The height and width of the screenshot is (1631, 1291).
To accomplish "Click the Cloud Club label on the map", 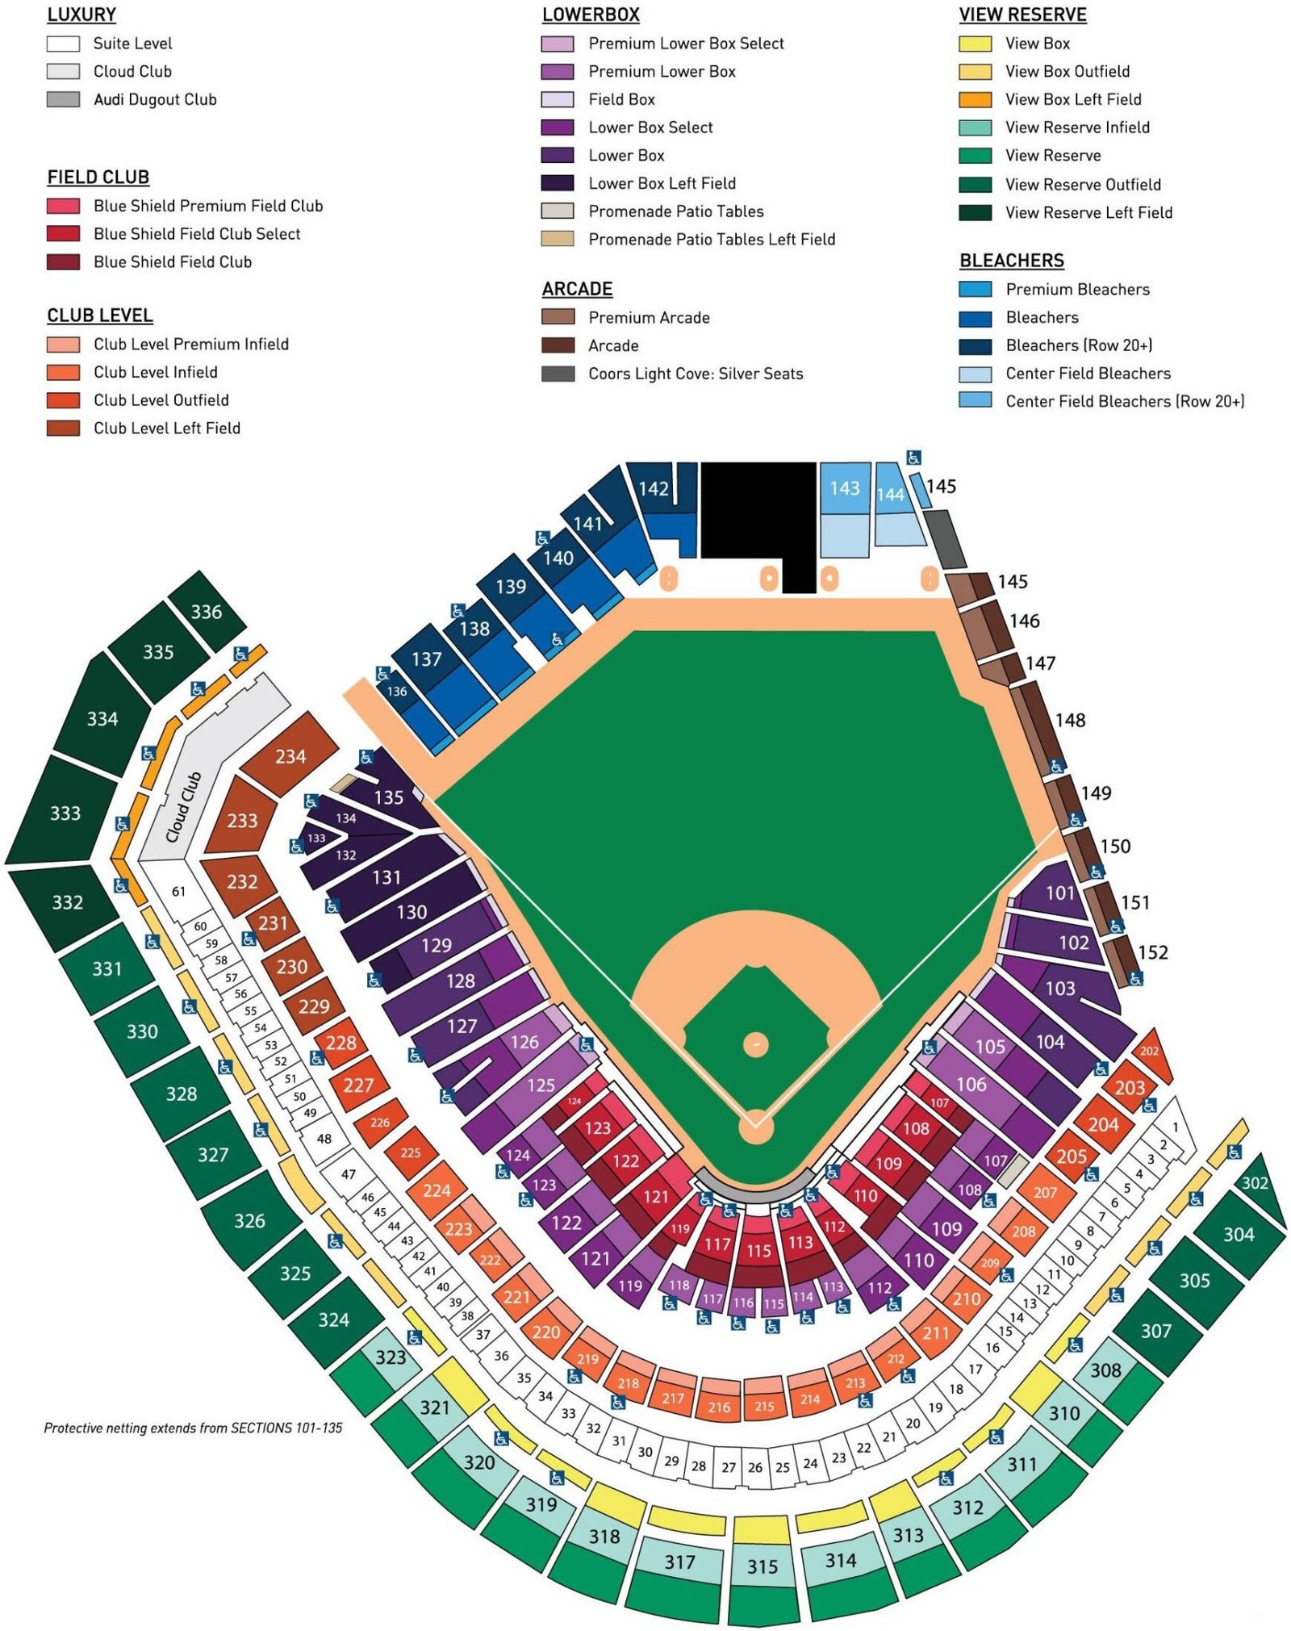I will coord(183,807).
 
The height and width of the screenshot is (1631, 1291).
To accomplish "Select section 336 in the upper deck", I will coord(207,612).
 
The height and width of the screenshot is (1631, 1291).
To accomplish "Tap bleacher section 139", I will coord(511,587).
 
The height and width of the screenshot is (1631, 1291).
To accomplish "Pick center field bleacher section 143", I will coord(845,488).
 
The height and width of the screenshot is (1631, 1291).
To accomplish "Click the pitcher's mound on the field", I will coord(755,1044).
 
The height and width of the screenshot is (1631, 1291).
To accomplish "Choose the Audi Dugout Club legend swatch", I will coord(63,99).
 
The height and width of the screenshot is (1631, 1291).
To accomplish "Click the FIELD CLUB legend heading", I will coord(98,177).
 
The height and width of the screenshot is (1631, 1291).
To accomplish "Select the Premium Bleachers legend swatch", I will coord(975,289).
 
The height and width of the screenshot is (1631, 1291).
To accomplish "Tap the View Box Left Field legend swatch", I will coord(975,99).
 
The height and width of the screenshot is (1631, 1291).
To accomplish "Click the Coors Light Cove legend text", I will coord(696,374).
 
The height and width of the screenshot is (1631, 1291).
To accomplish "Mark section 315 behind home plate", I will coord(762,1566).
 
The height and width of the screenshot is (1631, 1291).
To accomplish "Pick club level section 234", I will coord(290,756).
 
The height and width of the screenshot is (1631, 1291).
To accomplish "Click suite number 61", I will coord(178,891).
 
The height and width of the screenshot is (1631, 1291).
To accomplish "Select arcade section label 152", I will coord(1152,952).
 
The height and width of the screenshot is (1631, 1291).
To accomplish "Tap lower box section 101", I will coord(1060,893).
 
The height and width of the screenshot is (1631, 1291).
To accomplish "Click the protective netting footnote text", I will coord(193,1428).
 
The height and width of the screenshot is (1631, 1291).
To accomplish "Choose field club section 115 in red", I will coord(758,1251).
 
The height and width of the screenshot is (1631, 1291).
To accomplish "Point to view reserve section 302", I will coord(1255,1183).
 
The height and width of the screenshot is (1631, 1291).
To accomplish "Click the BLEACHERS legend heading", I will coord(1011,260).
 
